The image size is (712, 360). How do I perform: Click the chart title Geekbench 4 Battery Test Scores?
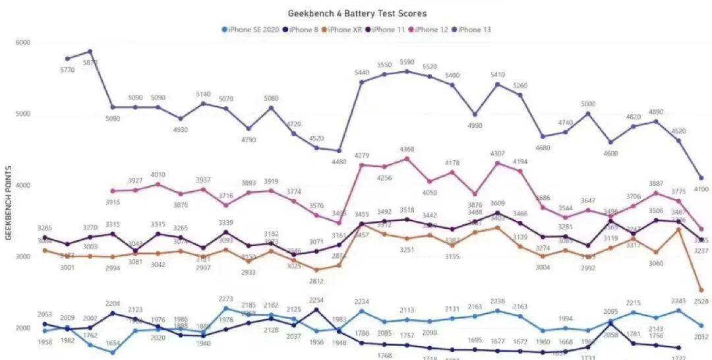(x=357, y=13)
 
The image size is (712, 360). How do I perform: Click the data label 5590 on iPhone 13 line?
(x=407, y=63)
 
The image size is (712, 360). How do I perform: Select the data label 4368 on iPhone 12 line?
(x=407, y=150)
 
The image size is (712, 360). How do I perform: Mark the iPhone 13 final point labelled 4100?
(x=701, y=178)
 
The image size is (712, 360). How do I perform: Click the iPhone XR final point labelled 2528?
(x=701, y=290)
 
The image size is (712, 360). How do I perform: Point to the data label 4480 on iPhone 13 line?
(x=339, y=162)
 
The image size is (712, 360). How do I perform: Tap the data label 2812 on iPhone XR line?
(x=316, y=281)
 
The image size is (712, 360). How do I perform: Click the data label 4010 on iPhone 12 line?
(x=158, y=175)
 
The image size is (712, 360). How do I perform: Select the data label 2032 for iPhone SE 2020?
(x=701, y=336)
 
